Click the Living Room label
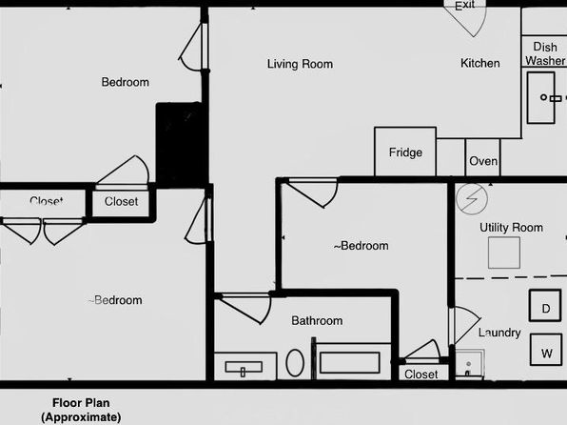tap(300, 64)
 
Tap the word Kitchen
tap(480, 64)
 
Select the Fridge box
tap(405, 152)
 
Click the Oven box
tap(482, 158)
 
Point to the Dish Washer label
tap(545, 53)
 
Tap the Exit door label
tap(464, 6)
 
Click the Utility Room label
tap(511, 228)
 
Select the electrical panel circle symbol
tap(472, 199)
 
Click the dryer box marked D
tap(545, 306)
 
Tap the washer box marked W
tap(546, 350)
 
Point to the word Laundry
tap(499, 333)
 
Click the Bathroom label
tap(317, 320)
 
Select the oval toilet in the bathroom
tap(295, 363)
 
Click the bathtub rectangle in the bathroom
tap(350, 363)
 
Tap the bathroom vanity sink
tap(244, 368)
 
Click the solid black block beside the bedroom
tap(179, 144)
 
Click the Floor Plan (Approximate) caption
tap(81, 410)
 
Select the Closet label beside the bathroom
tap(420, 374)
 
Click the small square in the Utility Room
tap(504, 253)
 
